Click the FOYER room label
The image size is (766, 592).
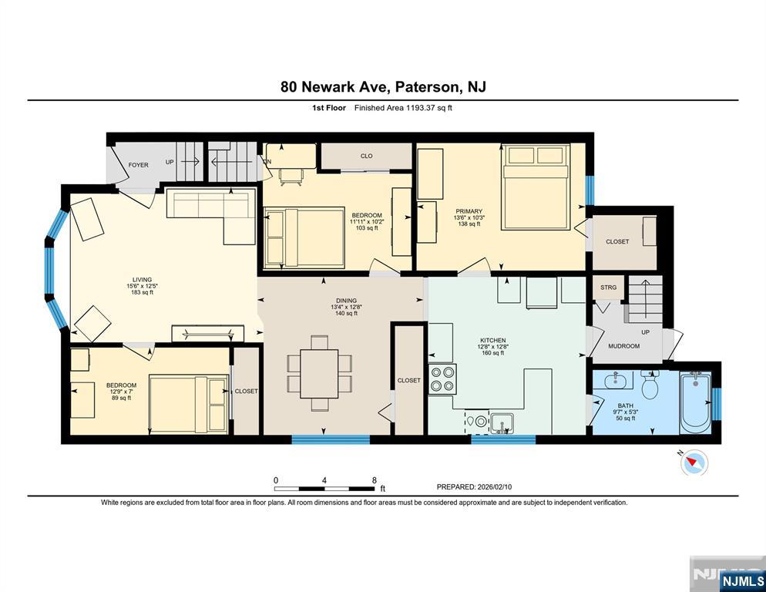pos(138,165)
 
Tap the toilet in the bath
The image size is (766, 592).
pos(650,384)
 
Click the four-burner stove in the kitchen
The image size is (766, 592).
pos(442,378)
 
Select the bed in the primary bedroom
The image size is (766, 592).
pos(536,187)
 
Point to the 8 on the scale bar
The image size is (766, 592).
pos(375,480)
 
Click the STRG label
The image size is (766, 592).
pos(608,288)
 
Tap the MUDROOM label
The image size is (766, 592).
pos(624,346)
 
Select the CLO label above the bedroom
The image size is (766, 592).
pos(366,156)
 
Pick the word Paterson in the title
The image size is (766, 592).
pos(426,87)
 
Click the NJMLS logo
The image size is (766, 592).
pos(743,580)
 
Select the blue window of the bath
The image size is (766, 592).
pos(716,404)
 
